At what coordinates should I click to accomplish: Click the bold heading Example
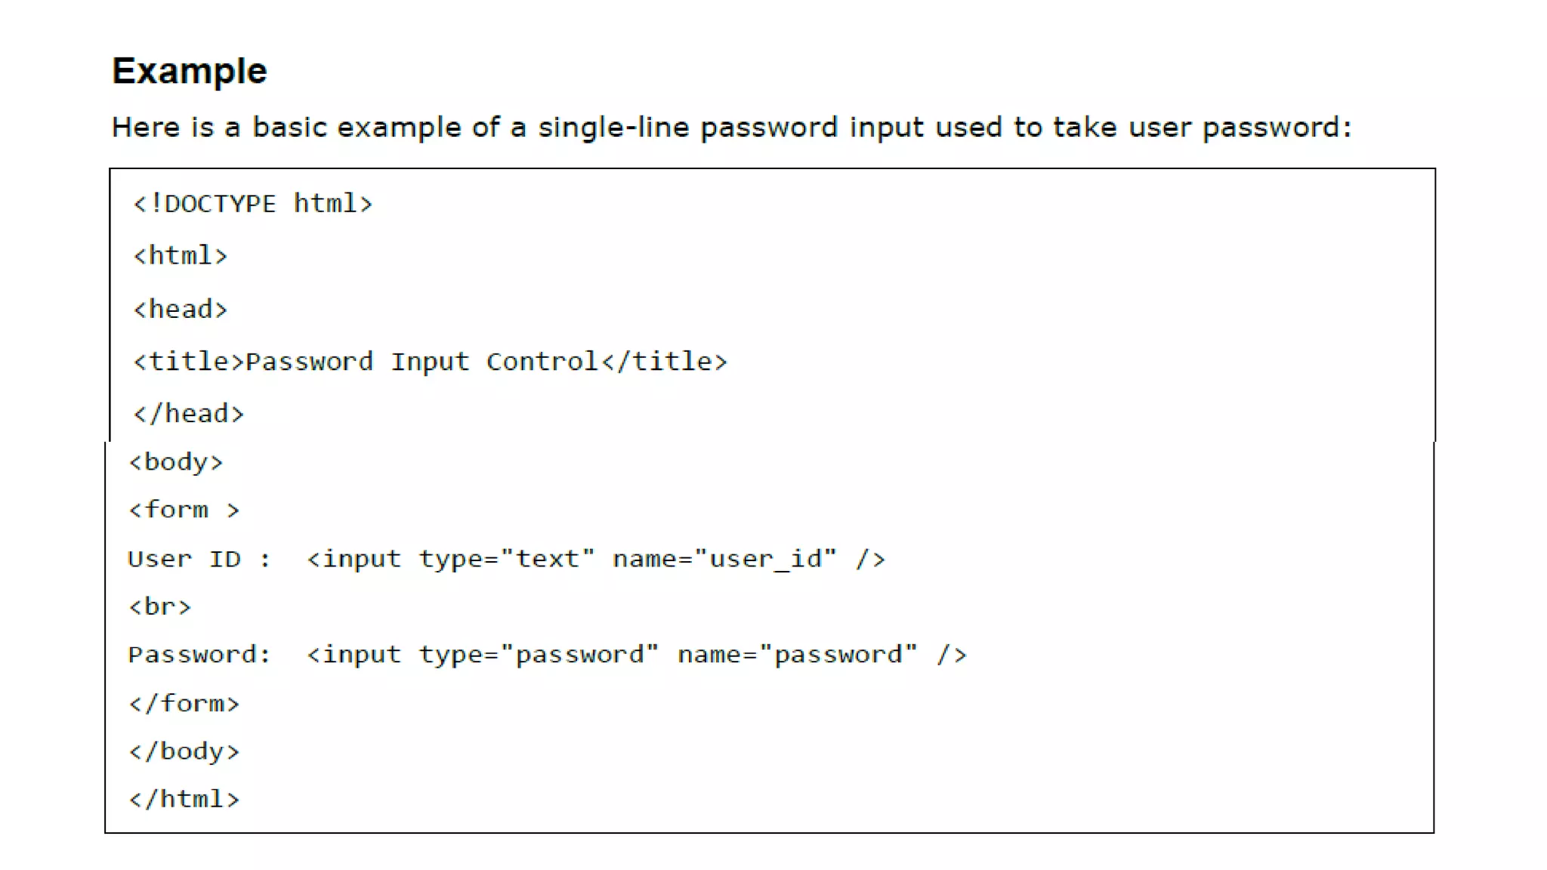pos(189,71)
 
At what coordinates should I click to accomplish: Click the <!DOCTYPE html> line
pos(252,204)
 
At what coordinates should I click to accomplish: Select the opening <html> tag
pos(180,256)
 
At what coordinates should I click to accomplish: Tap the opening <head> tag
pos(180,309)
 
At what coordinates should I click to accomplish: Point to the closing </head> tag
pos(188,414)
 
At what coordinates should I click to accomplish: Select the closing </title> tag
pos(664,362)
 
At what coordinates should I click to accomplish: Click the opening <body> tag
pos(176,462)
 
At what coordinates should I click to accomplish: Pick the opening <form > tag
pos(184,511)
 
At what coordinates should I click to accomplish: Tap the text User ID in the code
pos(184,560)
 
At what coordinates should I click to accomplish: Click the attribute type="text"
pos(507,560)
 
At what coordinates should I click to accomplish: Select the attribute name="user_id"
pos(724,560)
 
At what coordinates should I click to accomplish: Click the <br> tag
pos(159,607)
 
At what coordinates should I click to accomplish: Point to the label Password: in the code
pos(199,655)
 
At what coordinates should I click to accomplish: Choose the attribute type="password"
pos(539,655)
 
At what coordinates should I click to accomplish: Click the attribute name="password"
pos(797,655)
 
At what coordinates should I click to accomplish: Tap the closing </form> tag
pos(184,704)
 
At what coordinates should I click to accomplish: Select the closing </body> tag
pos(184,751)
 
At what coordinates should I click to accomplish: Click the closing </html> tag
pos(184,799)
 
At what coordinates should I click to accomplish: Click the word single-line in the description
pos(613,127)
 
